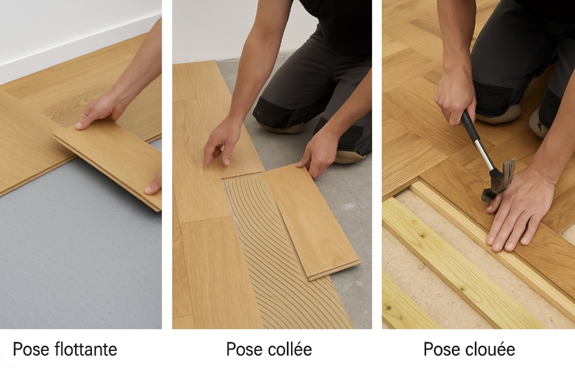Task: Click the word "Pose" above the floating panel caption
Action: [x=31, y=349]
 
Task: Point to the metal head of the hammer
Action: [x=499, y=179]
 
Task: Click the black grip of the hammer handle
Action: [x=469, y=125]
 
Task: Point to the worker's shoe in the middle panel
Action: [x=348, y=157]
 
